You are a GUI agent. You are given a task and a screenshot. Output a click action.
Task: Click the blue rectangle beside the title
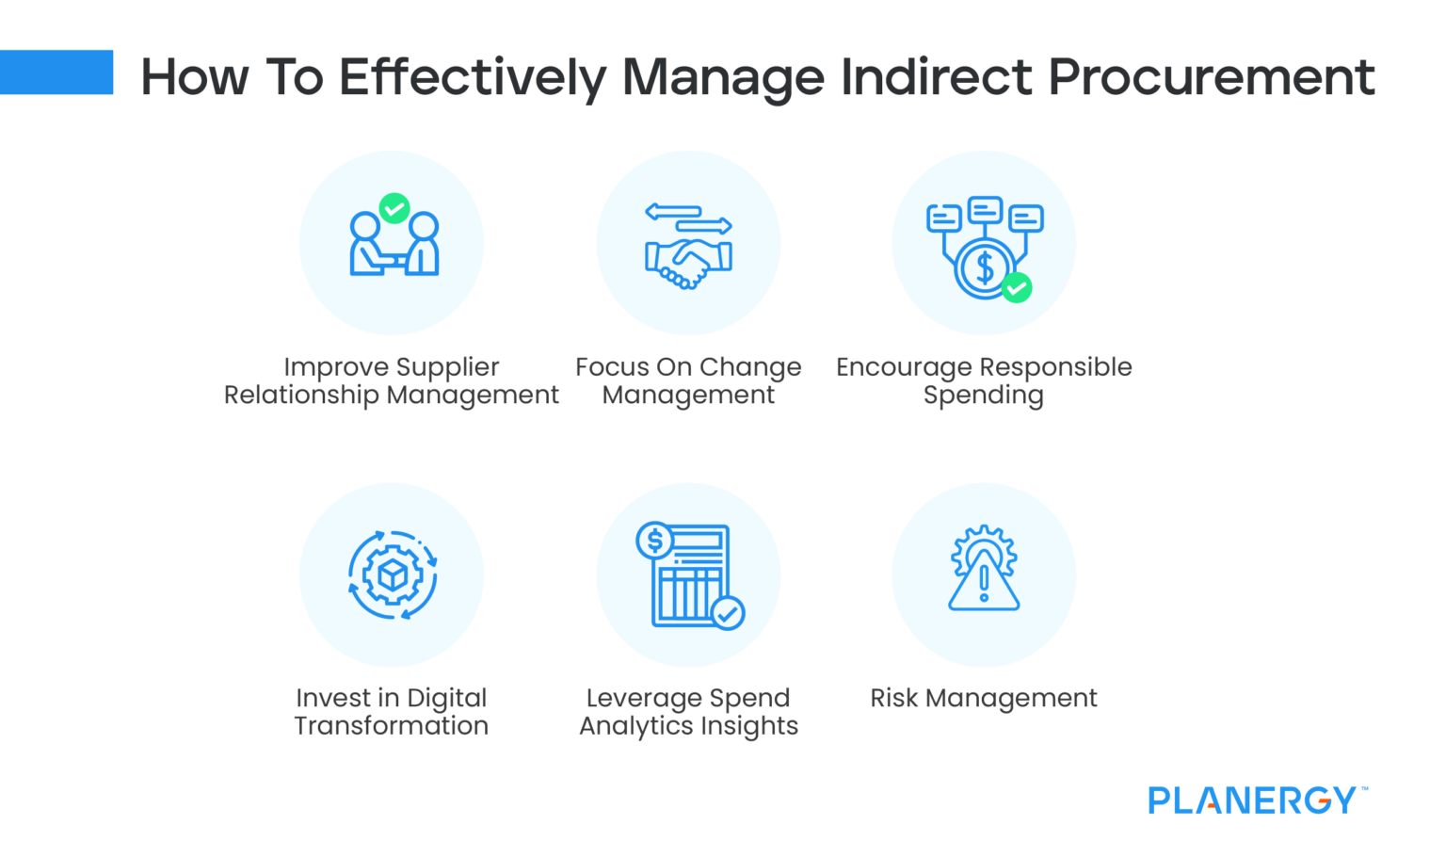pyautogui.click(x=56, y=73)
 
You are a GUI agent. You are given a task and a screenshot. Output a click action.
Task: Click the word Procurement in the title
pyautogui.click(x=1211, y=77)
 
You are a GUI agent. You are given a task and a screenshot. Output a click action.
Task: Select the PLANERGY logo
pyautogui.click(x=1257, y=800)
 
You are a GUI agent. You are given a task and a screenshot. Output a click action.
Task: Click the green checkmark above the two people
pyautogui.click(x=394, y=208)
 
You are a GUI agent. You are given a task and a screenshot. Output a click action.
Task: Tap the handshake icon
pyautogui.click(x=689, y=264)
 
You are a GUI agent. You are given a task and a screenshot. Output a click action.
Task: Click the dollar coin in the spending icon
pyautogui.click(x=985, y=268)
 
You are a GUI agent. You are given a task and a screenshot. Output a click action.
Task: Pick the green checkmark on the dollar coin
pyautogui.click(x=1017, y=288)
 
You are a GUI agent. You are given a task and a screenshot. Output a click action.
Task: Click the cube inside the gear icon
pyautogui.click(x=393, y=574)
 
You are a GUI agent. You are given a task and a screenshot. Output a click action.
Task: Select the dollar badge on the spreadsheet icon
pyautogui.click(x=654, y=540)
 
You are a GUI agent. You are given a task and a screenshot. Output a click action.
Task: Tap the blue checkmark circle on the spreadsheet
pyautogui.click(x=728, y=613)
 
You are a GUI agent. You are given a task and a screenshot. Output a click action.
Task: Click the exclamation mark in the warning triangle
pyautogui.click(x=984, y=583)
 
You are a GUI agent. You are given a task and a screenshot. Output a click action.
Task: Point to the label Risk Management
pyautogui.click(x=983, y=698)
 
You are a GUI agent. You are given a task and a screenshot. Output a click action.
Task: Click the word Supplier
pyautogui.click(x=447, y=367)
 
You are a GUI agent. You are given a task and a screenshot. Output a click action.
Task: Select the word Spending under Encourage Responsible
pyautogui.click(x=983, y=396)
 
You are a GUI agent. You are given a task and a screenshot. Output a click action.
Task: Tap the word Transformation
pyautogui.click(x=392, y=726)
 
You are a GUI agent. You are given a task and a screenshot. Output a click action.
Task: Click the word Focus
pyautogui.click(x=612, y=367)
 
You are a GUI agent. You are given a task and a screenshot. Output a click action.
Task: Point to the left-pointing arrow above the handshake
pyautogui.click(x=673, y=212)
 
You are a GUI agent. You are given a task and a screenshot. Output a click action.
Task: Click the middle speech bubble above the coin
pyautogui.click(x=985, y=209)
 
